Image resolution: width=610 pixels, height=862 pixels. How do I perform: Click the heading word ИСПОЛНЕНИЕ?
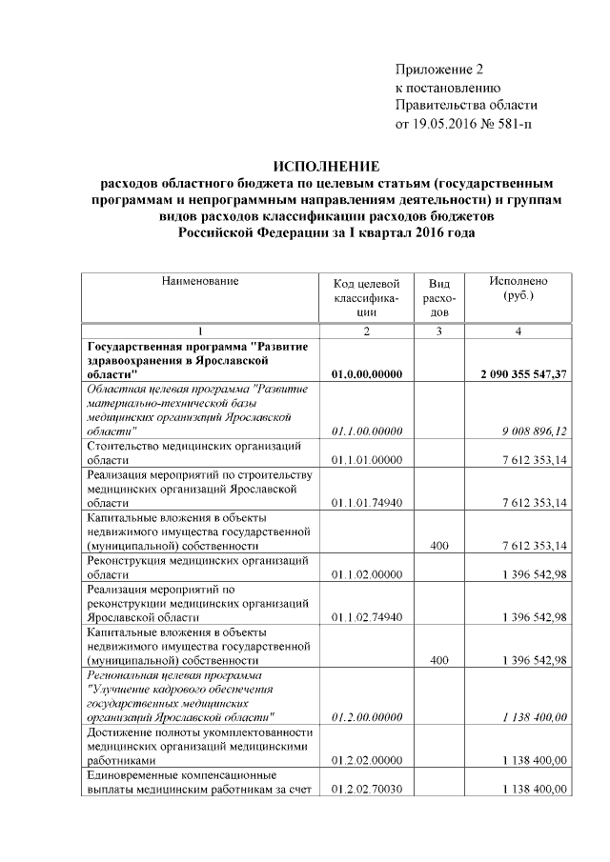click(327, 165)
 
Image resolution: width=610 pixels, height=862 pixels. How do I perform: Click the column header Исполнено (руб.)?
click(518, 290)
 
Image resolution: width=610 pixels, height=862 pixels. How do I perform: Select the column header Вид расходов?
click(439, 297)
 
